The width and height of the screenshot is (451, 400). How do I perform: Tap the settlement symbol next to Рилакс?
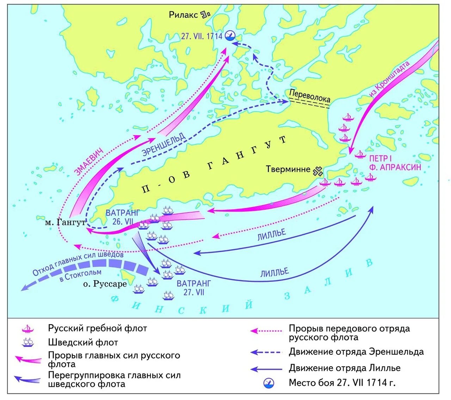205,14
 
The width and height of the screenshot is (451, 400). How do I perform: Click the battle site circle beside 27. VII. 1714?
230,35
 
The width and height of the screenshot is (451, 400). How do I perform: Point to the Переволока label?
309,96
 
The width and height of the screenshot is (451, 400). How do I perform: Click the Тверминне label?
288,169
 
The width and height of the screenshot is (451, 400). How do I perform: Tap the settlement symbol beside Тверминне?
317,171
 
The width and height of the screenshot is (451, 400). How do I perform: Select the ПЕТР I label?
380,158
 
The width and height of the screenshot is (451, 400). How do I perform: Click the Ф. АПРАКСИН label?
395,167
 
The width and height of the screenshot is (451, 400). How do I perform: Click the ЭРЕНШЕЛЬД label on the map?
163,144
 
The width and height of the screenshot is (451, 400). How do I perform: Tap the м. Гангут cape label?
66,223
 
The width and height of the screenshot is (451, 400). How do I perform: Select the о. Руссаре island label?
105,284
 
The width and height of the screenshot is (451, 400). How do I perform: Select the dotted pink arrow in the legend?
266,331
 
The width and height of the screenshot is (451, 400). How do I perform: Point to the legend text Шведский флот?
83,342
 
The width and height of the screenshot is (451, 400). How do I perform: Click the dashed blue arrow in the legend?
266,352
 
